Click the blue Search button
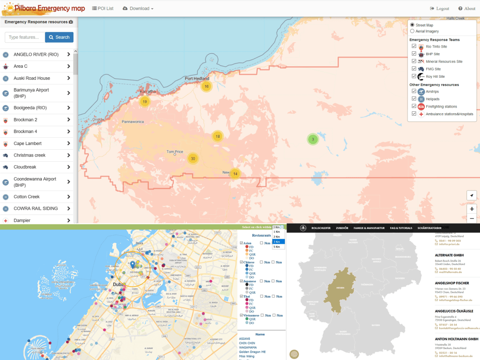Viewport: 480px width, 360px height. pyautogui.click(x=59, y=37)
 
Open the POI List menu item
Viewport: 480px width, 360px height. pyautogui.click(x=103, y=9)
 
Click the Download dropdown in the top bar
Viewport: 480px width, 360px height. pyautogui.click(x=138, y=9)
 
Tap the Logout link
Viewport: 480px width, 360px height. pyautogui.click(x=440, y=9)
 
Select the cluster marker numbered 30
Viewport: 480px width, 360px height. pyautogui.click(x=193, y=158)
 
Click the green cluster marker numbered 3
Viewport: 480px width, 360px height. pyautogui.click(x=312, y=140)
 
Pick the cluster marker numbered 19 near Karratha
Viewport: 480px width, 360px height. pyautogui.click(x=144, y=101)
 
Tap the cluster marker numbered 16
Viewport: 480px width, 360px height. pyautogui.click(x=206, y=86)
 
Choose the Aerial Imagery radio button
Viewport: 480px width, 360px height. pyautogui.click(x=412, y=31)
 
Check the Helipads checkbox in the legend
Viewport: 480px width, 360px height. pyautogui.click(x=414, y=98)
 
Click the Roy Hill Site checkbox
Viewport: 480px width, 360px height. pyautogui.click(x=414, y=76)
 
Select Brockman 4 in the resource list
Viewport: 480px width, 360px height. pyautogui.click(x=25, y=132)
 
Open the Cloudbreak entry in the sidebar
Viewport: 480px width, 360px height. pyautogui.click(x=25, y=167)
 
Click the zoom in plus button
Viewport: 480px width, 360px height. pyautogui.click(x=472, y=209)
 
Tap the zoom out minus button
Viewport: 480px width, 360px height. pyautogui.click(x=472, y=218)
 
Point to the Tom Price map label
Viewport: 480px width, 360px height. pyautogui.click(x=175, y=152)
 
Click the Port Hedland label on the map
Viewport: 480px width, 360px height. pyautogui.click(x=197, y=78)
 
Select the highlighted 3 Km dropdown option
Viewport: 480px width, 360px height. pyautogui.click(x=278, y=241)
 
